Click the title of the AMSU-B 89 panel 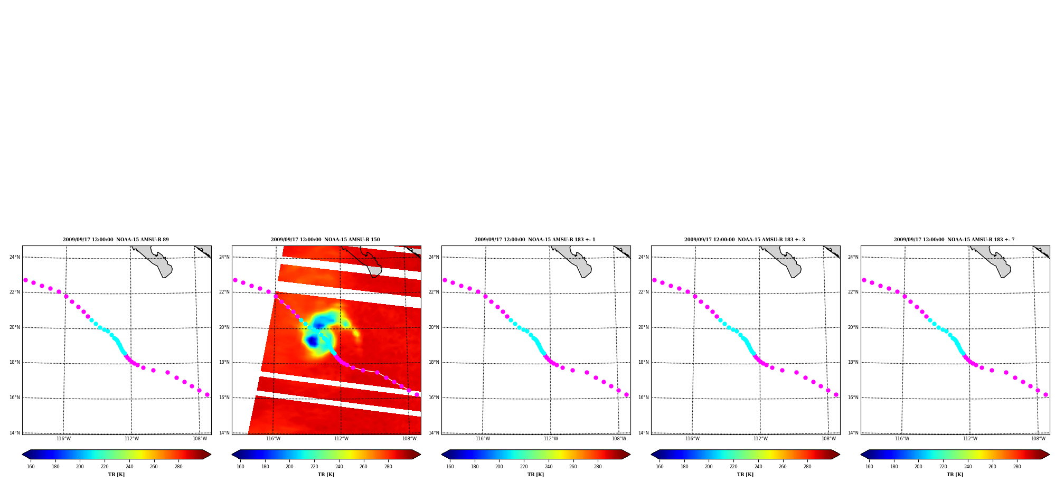click(116, 240)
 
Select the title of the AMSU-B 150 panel click(325, 240)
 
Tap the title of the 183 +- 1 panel click(535, 240)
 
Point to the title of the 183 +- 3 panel click(745, 240)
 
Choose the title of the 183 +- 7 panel click(954, 240)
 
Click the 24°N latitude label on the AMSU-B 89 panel click(15, 257)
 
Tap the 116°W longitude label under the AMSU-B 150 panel click(273, 439)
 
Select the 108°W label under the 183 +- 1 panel click(619, 439)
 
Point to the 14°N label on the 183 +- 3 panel click(644, 433)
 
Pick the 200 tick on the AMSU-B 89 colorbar click(80, 467)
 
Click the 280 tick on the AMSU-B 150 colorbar click(388, 467)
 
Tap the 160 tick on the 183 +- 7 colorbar click(869, 467)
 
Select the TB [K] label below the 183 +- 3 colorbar click(745, 475)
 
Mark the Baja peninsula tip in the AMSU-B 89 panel click(165, 276)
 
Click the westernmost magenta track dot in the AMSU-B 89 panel click(25, 280)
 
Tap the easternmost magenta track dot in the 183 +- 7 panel click(1045, 394)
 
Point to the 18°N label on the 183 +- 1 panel click(434, 362)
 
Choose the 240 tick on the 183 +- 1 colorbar click(549, 467)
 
